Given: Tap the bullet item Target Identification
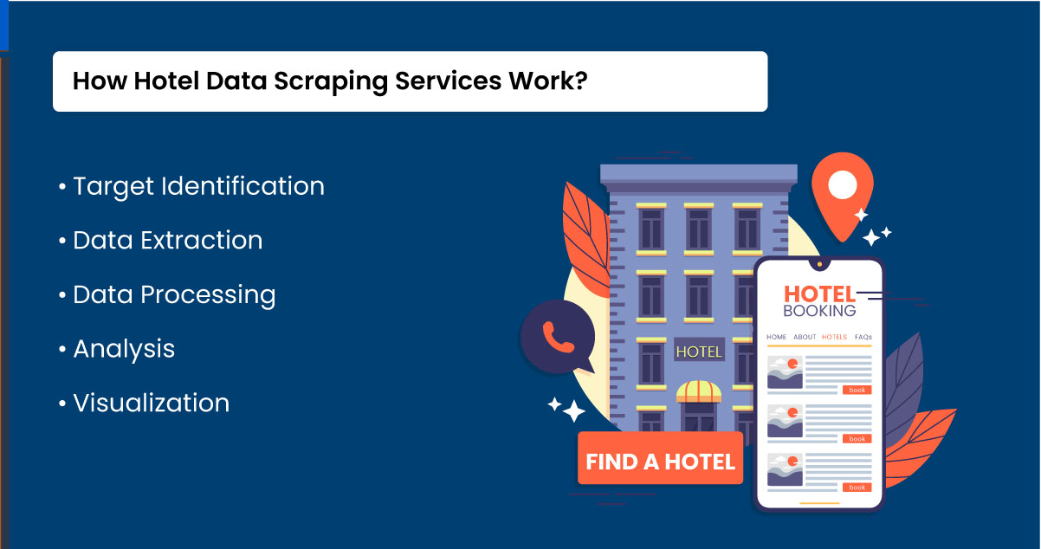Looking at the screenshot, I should [x=198, y=186].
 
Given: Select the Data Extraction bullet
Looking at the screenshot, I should [x=167, y=241].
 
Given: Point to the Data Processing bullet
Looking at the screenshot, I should [x=174, y=295].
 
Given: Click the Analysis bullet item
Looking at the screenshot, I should [x=124, y=349].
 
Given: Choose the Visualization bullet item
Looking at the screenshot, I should [x=151, y=404].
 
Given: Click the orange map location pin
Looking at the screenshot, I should [x=842, y=195].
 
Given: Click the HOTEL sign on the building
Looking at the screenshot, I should [x=698, y=352].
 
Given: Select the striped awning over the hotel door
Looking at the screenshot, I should [x=699, y=391].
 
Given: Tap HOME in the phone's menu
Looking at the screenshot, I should [x=776, y=337].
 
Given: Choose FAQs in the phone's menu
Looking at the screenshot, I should [x=863, y=337].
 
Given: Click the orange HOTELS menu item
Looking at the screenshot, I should [x=835, y=337].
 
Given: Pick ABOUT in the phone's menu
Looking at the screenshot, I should [x=805, y=337].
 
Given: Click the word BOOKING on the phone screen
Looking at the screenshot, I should [x=819, y=311].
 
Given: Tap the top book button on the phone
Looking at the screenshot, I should [x=857, y=391].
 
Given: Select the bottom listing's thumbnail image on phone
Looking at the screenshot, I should [x=785, y=469].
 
